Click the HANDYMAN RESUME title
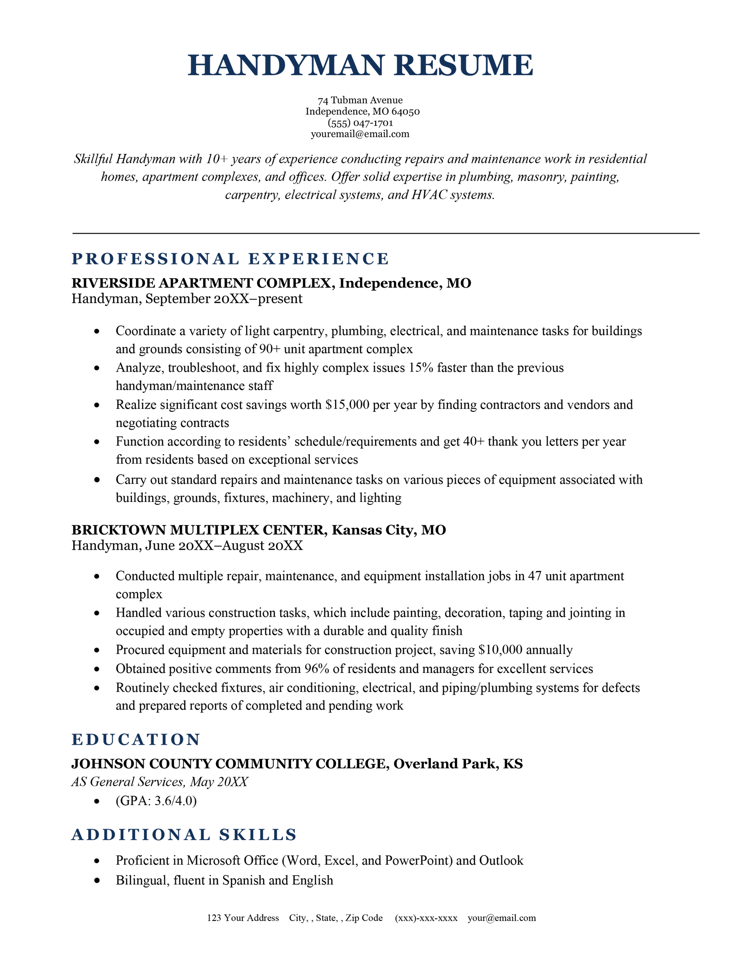tap(361, 65)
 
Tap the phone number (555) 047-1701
tap(361, 123)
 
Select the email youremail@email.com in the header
tap(360, 134)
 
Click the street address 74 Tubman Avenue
tap(360, 100)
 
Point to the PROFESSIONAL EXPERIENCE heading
tap(230, 259)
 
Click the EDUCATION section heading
tap(136, 740)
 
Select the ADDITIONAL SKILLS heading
tap(184, 835)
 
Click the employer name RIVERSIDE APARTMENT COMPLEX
tap(201, 283)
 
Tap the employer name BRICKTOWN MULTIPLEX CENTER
tap(198, 530)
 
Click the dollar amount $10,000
tap(500, 650)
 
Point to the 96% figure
tap(314, 669)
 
